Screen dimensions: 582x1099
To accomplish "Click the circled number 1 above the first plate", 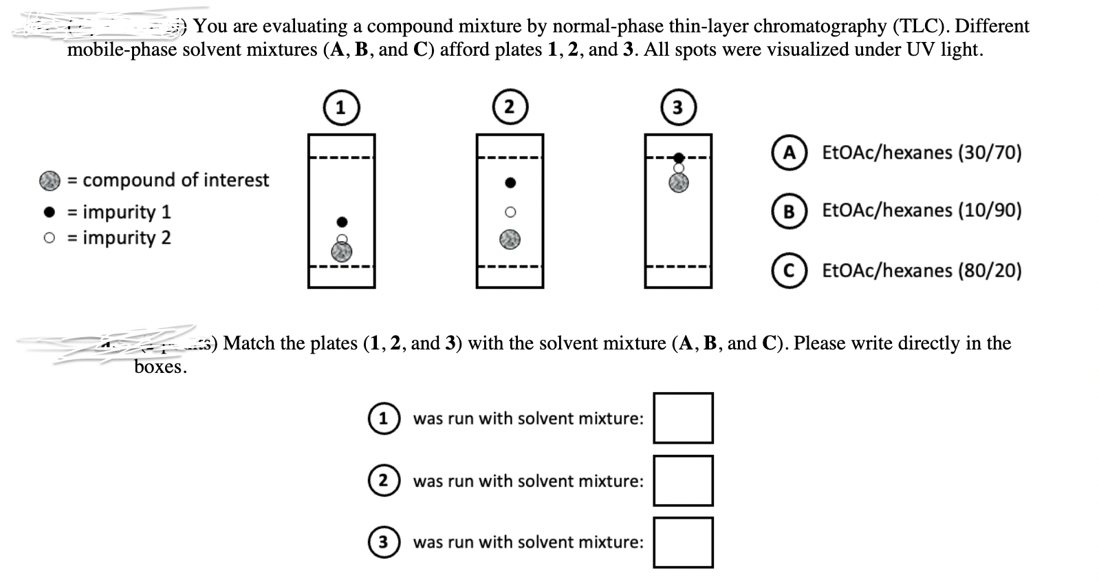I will (341, 108).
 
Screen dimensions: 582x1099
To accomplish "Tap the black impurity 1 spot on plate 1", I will (342, 222).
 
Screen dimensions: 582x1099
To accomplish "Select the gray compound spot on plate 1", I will (342, 252).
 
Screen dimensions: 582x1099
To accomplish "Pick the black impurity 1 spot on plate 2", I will (510, 183).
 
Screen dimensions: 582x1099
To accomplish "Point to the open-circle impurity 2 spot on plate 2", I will (510, 212).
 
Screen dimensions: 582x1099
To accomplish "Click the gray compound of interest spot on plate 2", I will (510, 239).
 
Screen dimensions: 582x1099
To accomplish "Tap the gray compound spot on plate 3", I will (679, 182).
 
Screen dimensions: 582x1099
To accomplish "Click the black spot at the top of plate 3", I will (679, 158).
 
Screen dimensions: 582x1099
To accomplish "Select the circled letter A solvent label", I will (789, 152).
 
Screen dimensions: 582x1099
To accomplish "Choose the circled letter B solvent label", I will (789, 211).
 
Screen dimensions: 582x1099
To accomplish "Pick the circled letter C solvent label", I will (789, 270).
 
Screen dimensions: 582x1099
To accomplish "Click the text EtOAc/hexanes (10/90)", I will (922, 211).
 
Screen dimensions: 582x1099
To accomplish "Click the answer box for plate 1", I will (683, 418).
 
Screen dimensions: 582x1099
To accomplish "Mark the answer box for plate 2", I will (683, 480).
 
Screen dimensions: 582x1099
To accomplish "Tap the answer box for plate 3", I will (683, 542).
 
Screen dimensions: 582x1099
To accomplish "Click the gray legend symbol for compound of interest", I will (50, 181).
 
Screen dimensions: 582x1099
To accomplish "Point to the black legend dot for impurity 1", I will (49, 212).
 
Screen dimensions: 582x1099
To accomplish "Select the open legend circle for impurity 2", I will (49, 238).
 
